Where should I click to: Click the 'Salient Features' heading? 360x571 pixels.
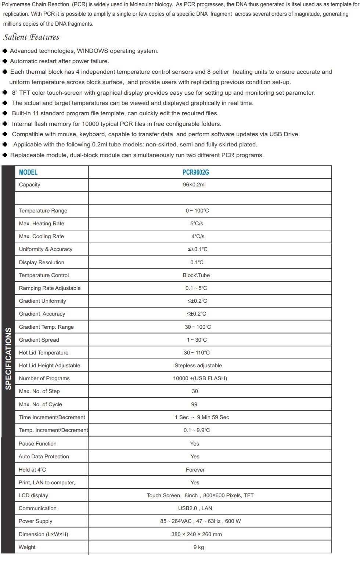coord(31,37)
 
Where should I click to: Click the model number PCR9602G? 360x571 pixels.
coord(196,172)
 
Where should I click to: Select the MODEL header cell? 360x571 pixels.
coord(28,172)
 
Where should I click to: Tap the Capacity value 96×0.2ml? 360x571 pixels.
coord(194,185)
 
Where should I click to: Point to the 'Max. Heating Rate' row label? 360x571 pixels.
coord(42,223)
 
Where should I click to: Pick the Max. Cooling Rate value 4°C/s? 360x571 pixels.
coord(198,236)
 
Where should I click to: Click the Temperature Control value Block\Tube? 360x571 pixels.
coord(196,275)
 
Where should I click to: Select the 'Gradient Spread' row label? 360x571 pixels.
coord(39,340)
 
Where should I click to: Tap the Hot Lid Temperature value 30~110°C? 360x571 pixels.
coord(197,353)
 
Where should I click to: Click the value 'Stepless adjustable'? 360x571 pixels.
coord(198,365)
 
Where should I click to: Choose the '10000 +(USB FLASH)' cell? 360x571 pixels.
coord(200,378)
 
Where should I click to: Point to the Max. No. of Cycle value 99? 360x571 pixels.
coord(194,404)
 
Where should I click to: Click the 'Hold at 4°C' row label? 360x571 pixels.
coord(32,470)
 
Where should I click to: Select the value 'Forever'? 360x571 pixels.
coord(195,470)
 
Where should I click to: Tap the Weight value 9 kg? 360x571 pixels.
coord(199,547)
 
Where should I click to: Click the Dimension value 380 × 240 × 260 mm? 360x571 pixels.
coord(197,534)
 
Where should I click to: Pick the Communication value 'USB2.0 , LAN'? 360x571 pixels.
coord(195,508)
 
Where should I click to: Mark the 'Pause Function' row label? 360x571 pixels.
coord(37,444)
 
